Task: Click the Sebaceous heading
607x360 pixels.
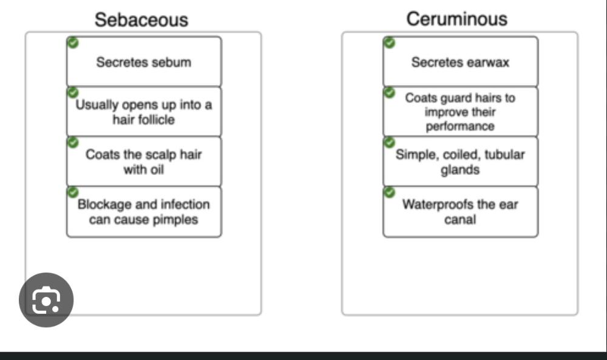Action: pos(141,19)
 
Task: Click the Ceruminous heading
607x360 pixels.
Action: pos(456,19)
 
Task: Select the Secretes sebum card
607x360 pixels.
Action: pos(144,62)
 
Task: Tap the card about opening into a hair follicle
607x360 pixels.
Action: pos(144,112)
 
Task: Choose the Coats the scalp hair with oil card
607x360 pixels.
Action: pos(144,162)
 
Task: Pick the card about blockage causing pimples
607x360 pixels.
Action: pos(144,212)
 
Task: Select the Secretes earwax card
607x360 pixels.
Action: pos(460,62)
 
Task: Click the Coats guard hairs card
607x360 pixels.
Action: pos(460,112)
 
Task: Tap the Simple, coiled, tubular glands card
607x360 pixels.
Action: pos(460,162)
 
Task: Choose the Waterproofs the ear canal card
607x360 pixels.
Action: pos(460,211)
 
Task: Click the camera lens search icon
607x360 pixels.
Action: pos(46,300)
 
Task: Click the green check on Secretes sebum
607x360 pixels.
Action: pos(73,42)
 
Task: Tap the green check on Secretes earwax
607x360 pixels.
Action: pos(389,42)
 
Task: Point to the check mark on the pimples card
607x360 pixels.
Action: pos(73,192)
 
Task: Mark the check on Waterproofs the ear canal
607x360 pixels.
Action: pos(389,192)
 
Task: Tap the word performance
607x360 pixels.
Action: pos(460,126)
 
